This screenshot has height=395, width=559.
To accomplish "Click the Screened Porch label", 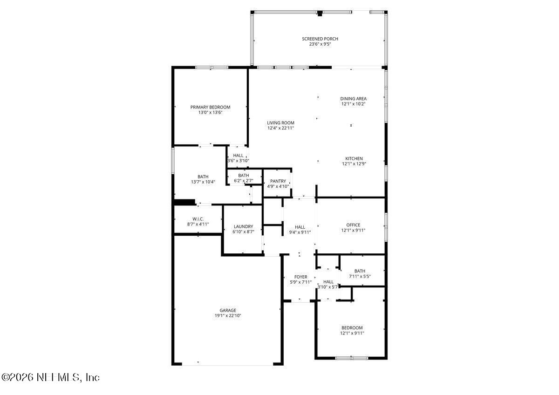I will [x=320, y=39].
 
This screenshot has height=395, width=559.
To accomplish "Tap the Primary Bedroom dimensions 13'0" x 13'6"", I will [x=210, y=113].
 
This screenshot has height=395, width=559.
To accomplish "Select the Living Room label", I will [x=280, y=123].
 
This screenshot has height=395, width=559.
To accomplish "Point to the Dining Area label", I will [x=353, y=99].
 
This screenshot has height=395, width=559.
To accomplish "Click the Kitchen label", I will [x=354, y=158].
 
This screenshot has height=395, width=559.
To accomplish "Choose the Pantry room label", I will [x=278, y=181].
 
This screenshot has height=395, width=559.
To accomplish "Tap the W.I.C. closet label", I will [x=198, y=219].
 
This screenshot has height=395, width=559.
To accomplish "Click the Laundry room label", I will [x=243, y=226].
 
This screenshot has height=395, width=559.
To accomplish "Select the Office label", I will [x=353, y=225].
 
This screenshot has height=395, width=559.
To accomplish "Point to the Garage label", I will [x=228, y=310].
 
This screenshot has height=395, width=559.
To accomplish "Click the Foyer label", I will [x=300, y=277].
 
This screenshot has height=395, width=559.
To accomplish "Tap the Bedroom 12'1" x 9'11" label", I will [x=352, y=328].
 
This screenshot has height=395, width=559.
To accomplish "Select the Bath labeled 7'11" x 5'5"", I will [x=360, y=271].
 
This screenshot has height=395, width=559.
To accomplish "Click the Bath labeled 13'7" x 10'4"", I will [x=203, y=177].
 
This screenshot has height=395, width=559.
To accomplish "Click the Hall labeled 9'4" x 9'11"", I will [x=300, y=227].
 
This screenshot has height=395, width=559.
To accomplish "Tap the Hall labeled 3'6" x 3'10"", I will [x=238, y=156].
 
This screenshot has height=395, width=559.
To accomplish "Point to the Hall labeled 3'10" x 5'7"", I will [x=328, y=281].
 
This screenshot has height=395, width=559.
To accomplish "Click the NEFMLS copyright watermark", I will [x=50, y=377].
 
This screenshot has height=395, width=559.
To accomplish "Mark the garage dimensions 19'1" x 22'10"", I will [x=228, y=316].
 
